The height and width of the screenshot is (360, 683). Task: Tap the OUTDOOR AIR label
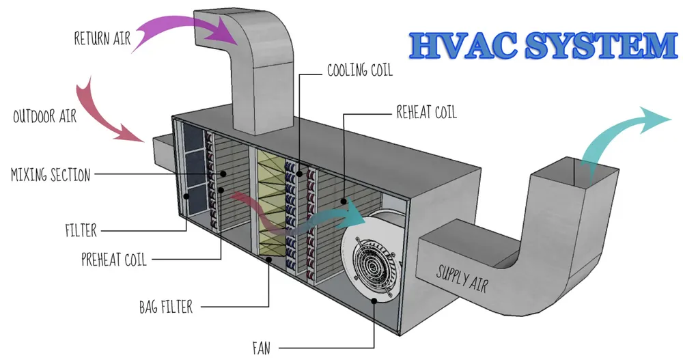[44, 116]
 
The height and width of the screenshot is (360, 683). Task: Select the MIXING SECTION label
[50, 175]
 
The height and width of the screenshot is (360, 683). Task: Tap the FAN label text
[261, 348]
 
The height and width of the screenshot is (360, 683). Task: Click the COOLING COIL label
[360, 70]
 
